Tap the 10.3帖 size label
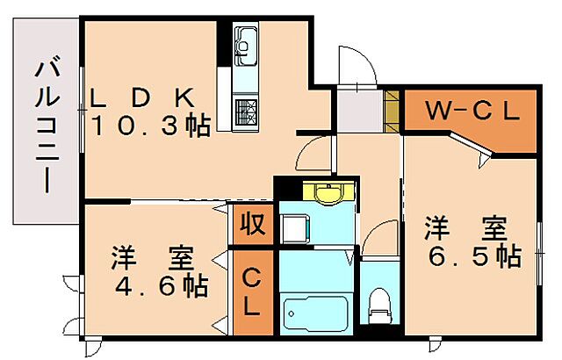(151, 126)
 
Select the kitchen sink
(245, 42)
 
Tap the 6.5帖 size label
(471, 256)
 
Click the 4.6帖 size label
(159, 285)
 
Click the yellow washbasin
(328, 194)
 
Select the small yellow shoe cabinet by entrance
(393, 110)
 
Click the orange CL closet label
(251, 293)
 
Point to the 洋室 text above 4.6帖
(150, 259)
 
